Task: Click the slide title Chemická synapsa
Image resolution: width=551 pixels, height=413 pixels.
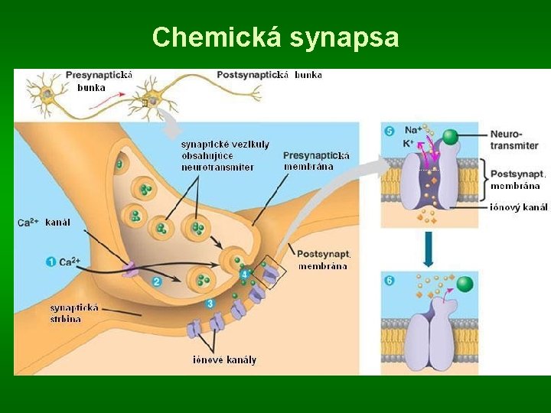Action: (x=275, y=37)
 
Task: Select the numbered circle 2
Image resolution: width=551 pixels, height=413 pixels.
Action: (x=157, y=281)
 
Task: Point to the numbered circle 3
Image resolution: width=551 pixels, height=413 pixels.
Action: (x=210, y=304)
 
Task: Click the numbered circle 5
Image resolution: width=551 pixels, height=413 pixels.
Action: (x=390, y=131)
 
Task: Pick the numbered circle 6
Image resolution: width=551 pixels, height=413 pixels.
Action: (x=390, y=281)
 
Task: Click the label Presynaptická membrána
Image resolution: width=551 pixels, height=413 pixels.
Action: (x=316, y=161)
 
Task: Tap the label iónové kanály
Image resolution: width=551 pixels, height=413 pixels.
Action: (x=224, y=359)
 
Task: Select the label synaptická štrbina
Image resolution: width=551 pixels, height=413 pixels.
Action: (x=74, y=313)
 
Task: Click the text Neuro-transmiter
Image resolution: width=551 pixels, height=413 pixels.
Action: (x=514, y=139)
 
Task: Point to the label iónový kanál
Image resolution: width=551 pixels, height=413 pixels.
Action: (x=519, y=206)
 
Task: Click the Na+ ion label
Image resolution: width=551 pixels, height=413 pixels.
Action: (x=411, y=131)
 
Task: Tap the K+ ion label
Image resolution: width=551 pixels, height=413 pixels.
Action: (x=408, y=143)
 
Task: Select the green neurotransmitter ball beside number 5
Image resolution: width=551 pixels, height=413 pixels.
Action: (x=451, y=137)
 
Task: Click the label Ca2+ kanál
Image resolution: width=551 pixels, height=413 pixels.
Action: (x=44, y=223)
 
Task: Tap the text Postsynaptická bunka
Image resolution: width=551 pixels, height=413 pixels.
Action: (x=269, y=75)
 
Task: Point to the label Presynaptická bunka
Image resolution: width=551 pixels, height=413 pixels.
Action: (x=99, y=80)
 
